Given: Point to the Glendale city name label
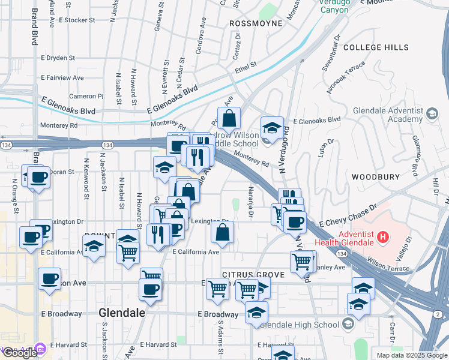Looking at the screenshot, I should coord(122,313).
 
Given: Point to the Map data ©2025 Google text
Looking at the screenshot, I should coord(412,355).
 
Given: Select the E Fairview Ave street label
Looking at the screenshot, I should coord(63,77).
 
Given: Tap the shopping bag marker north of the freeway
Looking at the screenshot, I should coord(229,118).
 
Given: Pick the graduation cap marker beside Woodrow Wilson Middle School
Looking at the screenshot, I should coord(272,128).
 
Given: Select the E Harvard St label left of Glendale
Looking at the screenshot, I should coord(69,345).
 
